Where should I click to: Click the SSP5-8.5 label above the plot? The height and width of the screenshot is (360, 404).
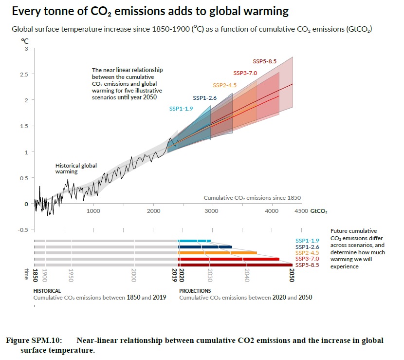pos(264,61)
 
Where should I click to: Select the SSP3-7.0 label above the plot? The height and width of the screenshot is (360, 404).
pos(245,73)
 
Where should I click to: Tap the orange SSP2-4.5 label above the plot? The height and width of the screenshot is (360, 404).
pos(224,85)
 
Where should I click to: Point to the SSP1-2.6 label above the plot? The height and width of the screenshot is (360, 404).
pos(204,97)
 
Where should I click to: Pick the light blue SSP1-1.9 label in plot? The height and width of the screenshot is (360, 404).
pos(181,109)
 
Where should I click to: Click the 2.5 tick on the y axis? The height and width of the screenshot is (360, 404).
pos(23,74)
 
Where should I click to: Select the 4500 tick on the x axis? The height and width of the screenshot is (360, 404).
pos(301,211)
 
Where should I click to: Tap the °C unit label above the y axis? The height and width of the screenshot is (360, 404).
pos(24,41)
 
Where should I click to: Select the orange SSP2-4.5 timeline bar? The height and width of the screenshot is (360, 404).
pos(217,253)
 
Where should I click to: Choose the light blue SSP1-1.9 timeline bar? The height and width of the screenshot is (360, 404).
pos(194,241)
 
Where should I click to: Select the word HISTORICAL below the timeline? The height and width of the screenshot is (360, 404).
pos(47,291)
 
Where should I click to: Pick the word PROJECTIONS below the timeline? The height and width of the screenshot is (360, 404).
pos(195,291)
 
